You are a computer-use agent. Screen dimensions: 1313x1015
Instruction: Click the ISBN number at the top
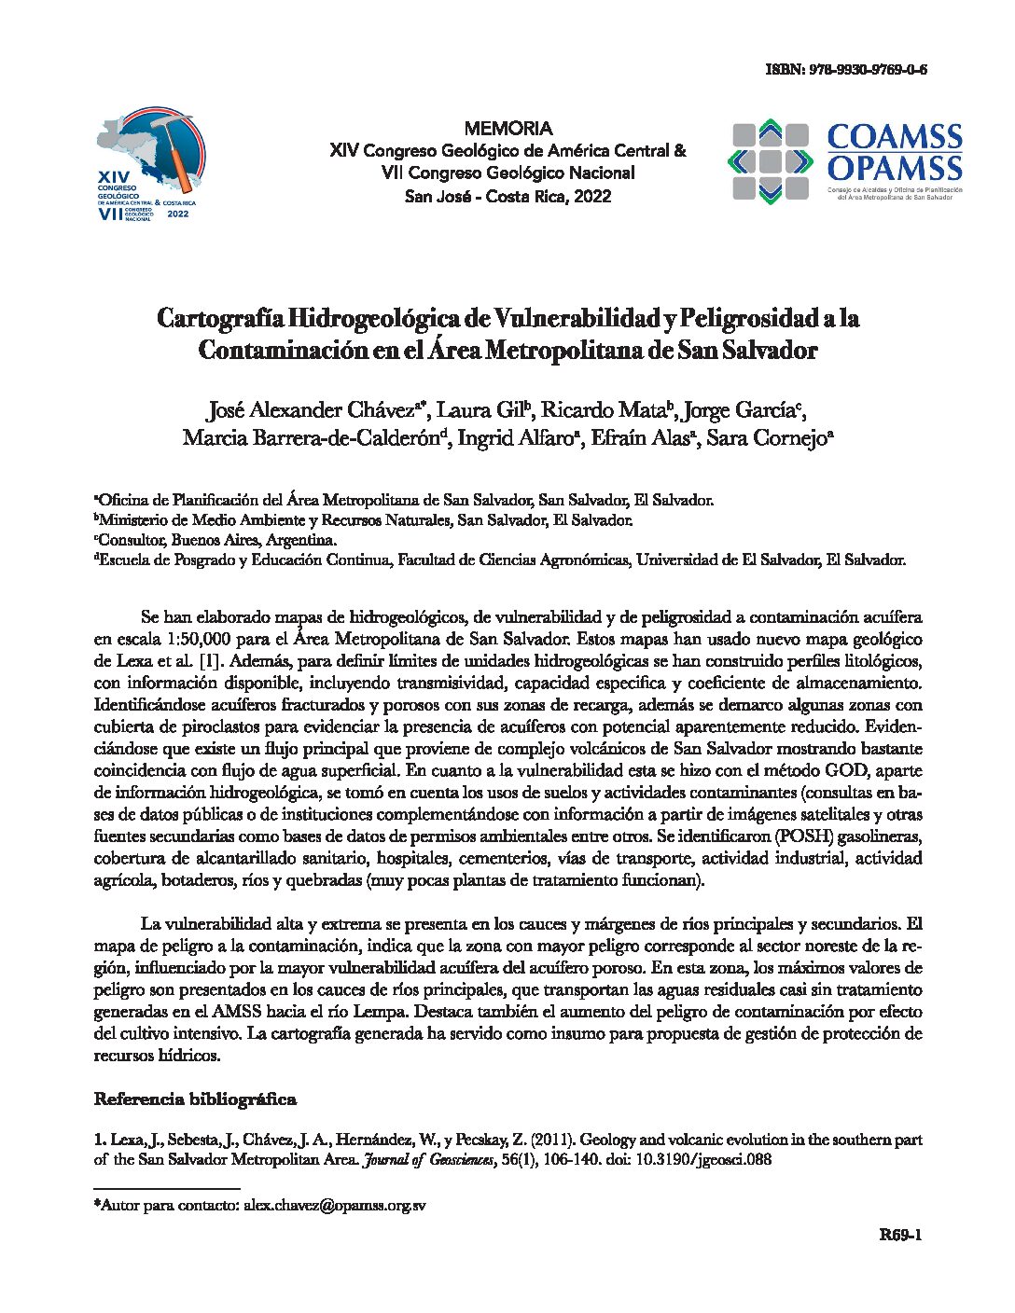(845, 70)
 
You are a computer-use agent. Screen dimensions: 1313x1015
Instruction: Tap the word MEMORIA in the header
(507, 129)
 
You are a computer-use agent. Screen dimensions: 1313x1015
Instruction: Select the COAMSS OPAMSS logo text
(894, 153)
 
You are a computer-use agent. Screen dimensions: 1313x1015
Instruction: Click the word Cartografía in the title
(218, 319)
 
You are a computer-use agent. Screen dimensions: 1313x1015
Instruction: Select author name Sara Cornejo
(770, 438)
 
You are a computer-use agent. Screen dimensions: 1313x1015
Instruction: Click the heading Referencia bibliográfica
(195, 1099)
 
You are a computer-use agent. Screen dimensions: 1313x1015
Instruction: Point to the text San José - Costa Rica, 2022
(507, 196)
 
